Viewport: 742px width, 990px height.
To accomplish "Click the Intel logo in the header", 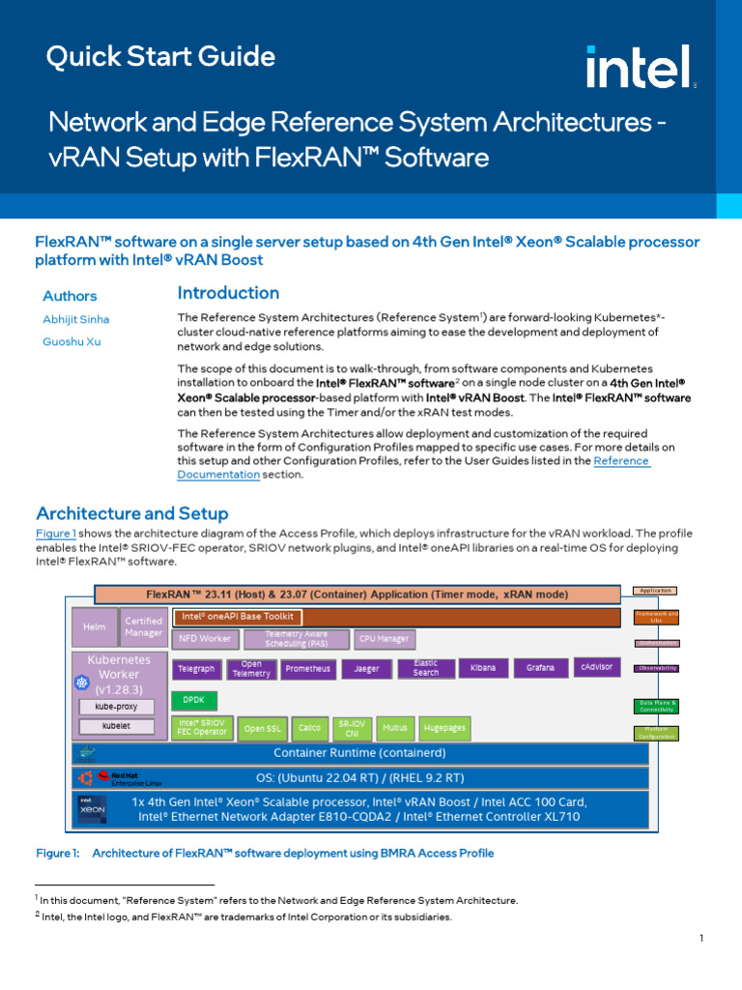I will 640,68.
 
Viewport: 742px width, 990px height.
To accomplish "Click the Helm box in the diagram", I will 94,626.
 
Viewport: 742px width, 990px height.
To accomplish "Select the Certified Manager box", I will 143,626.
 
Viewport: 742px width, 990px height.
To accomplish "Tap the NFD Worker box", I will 203,639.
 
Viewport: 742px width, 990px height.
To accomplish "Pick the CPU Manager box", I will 384,639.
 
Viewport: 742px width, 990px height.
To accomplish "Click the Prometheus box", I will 307,668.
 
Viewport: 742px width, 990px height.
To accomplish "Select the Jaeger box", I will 367,668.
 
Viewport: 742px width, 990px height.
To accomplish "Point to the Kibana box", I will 482,668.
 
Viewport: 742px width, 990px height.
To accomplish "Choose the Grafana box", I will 540,668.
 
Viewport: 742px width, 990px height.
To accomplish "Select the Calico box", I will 308,728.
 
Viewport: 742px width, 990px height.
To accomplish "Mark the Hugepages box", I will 444,728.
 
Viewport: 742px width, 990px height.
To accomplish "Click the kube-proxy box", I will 116,707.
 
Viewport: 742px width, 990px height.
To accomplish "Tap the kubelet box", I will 116,725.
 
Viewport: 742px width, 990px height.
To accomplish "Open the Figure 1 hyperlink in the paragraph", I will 55,534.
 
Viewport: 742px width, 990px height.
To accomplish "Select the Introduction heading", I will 228,293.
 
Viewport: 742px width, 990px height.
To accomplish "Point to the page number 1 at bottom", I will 700,939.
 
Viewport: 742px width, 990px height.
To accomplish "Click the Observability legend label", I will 657,668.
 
